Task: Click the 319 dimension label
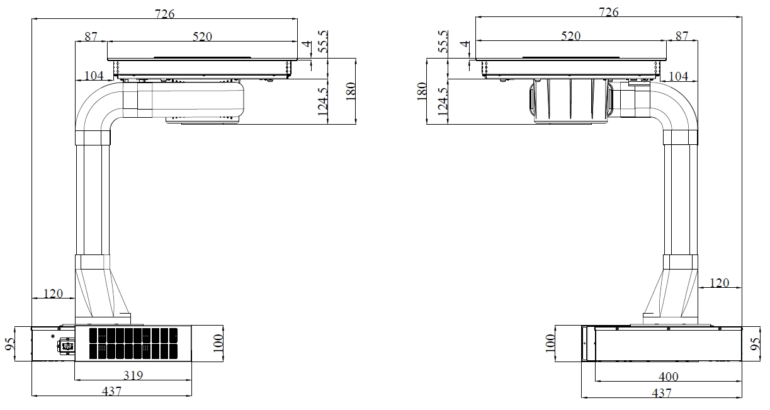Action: [133, 375]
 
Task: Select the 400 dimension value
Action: [668, 377]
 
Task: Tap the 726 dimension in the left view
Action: [165, 14]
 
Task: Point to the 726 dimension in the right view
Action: [608, 12]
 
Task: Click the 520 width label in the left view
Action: [202, 37]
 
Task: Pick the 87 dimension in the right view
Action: [682, 36]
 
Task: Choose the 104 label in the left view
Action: [94, 76]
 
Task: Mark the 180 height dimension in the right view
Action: [422, 91]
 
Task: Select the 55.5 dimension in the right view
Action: [443, 42]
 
